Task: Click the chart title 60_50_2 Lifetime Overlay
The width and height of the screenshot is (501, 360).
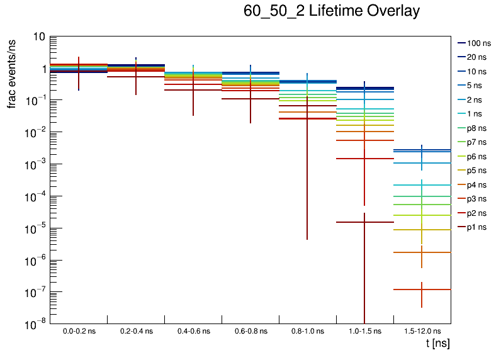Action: point(331,11)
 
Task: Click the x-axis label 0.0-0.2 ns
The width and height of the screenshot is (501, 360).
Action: point(79,331)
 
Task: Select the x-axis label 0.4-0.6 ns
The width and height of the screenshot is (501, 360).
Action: point(193,331)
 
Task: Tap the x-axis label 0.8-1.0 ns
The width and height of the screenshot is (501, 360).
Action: point(307,331)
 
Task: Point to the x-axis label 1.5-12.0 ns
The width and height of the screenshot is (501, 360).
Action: point(422,331)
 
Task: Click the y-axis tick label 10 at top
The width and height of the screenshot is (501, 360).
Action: point(38,37)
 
